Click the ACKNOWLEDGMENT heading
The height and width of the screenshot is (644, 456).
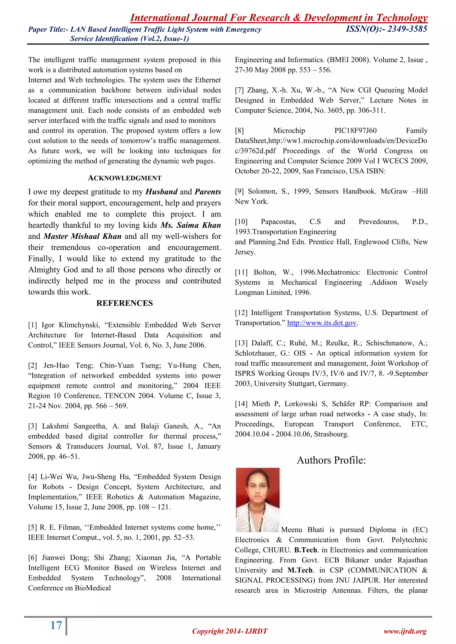[124, 178]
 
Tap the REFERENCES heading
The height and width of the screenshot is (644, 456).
[124, 303]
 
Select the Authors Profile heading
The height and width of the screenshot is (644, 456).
[331, 460]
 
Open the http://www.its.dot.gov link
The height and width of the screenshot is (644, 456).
[322, 323]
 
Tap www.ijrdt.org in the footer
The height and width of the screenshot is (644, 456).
[405, 631]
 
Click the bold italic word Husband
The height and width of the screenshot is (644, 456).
[161, 192]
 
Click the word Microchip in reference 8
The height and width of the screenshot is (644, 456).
[289, 131]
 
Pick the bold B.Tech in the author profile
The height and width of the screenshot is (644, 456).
[305, 550]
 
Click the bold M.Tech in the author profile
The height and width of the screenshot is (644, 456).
[300, 570]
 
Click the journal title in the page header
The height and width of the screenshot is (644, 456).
[279, 18]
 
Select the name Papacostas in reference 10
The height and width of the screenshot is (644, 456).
[278, 222]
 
